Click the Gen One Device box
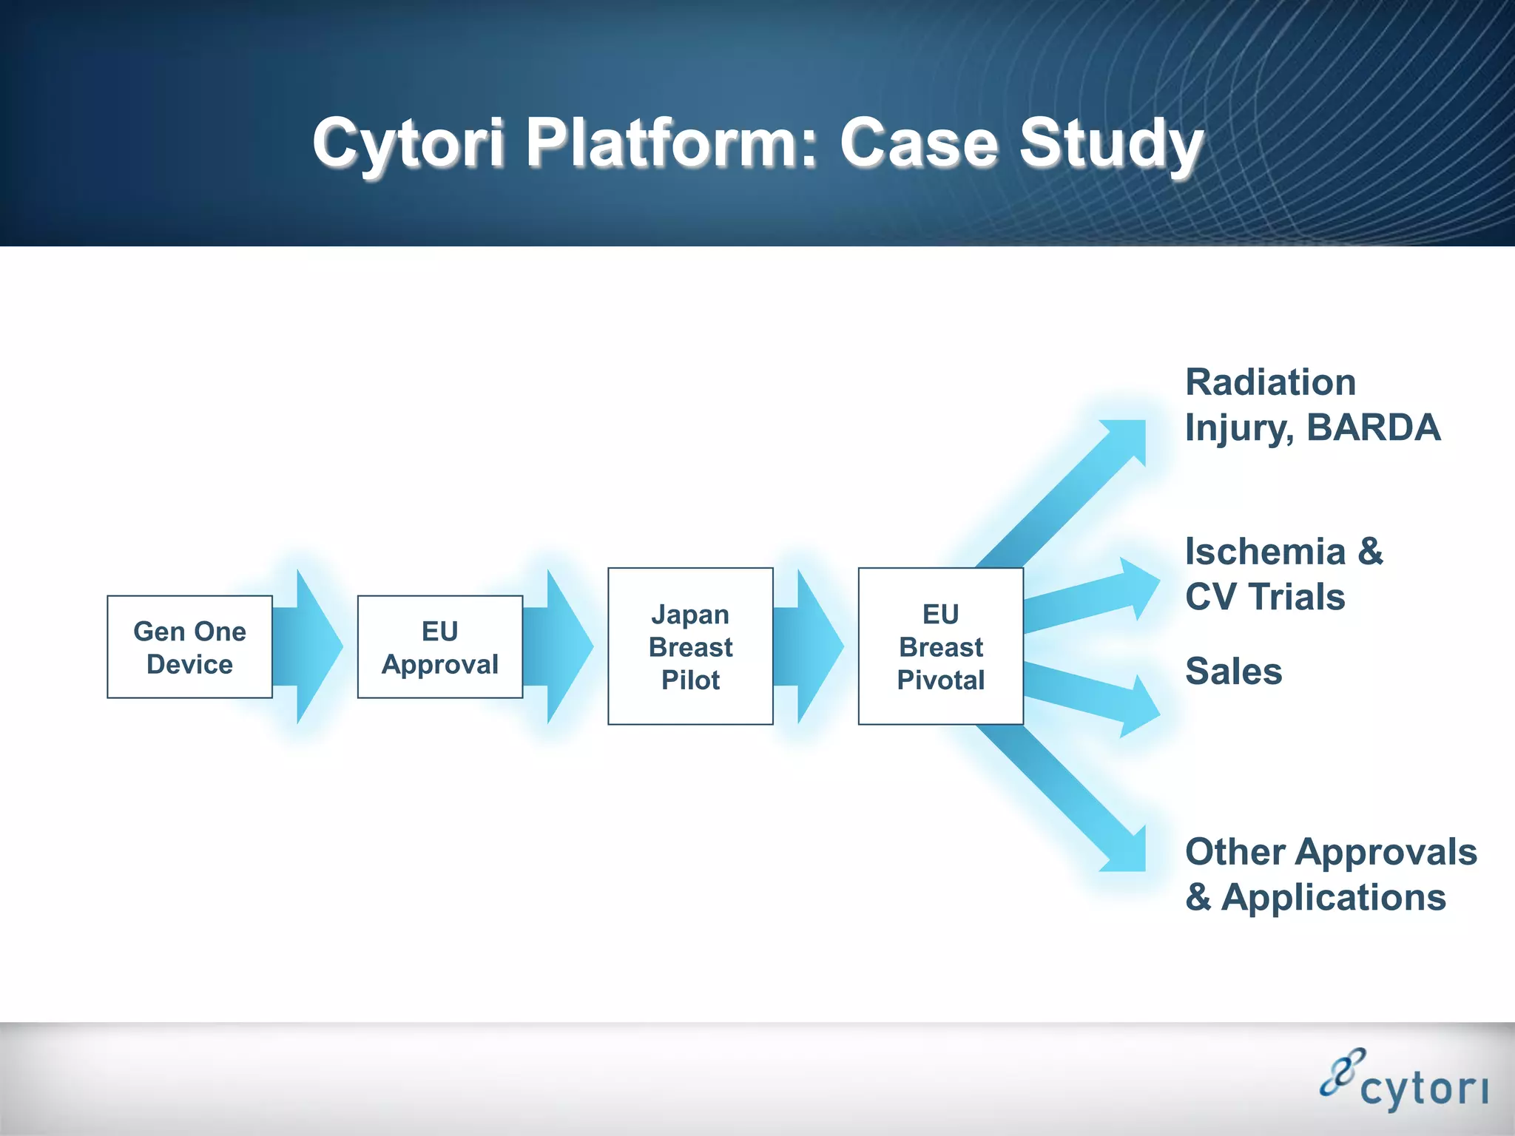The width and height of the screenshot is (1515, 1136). pyautogui.click(x=189, y=647)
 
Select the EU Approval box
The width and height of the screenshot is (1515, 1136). pyautogui.click(x=440, y=647)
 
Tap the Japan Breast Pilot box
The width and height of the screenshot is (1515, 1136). pyautogui.click(x=690, y=646)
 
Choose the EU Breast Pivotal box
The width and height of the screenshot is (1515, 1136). pyautogui.click(x=940, y=646)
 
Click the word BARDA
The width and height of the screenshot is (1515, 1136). pyautogui.click(x=1374, y=427)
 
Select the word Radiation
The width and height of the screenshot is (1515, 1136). pyautogui.click(x=1270, y=382)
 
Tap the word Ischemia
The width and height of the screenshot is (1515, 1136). pyautogui.click(x=1265, y=552)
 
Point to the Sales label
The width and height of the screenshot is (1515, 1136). pyautogui.click(x=1233, y=672)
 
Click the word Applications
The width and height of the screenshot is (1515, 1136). pyautogui.click(x=1333, y=897)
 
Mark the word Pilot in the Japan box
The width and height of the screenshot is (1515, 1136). pyautogui.click(x=690, y=680)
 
